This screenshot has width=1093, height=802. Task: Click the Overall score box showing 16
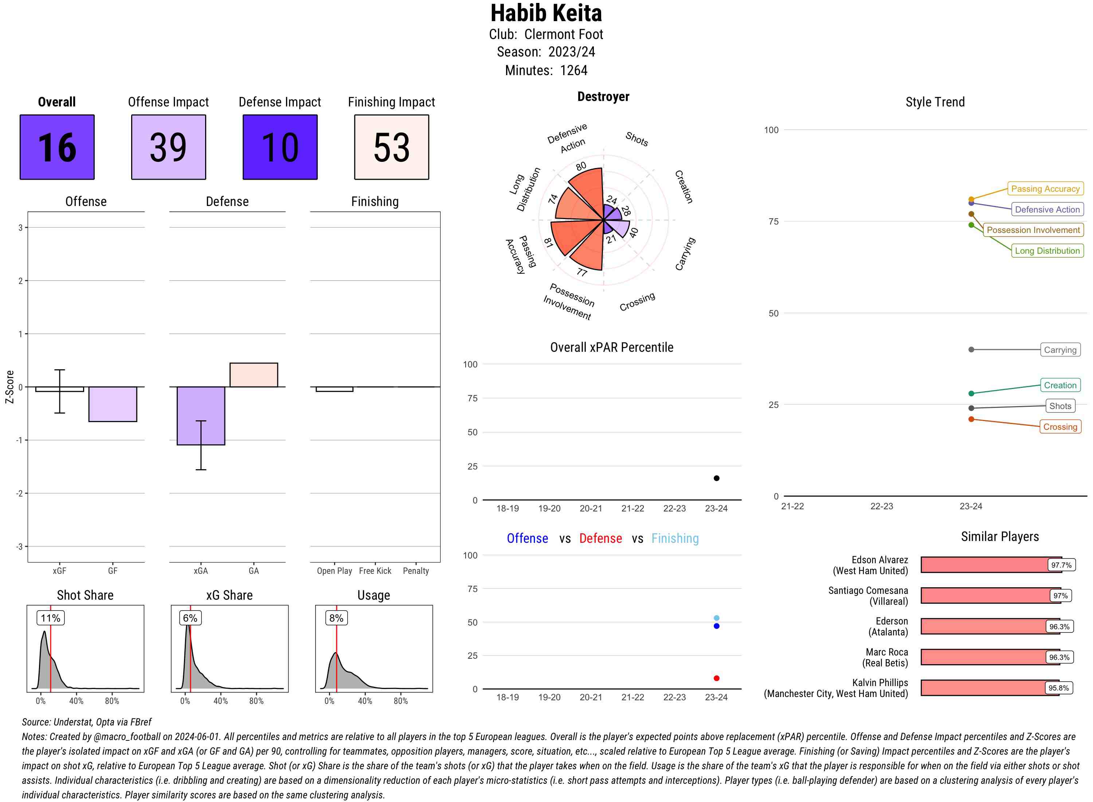(x=57, y=147)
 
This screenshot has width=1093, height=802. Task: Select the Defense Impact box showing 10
(x=280, y=147)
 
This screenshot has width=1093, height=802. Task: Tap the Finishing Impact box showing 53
(x=392, y=147)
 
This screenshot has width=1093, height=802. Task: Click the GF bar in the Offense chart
(x=113, y=404)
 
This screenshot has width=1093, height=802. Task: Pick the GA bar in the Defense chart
(x=254, y=375)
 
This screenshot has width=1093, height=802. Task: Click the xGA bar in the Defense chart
(x=201, y=416)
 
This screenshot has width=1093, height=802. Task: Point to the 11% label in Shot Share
(x=50, y=618)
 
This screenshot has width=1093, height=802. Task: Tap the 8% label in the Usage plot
(x=336, y=618)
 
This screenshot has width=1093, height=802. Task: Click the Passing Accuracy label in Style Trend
(x=1045, y=189)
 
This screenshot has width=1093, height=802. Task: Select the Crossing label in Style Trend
(x=1060, y=427)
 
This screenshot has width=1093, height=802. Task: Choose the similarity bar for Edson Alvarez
(x=990, y=565)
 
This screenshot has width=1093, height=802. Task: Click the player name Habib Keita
(x=546, y=13)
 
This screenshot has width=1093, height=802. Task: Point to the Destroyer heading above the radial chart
(x=603, y=97)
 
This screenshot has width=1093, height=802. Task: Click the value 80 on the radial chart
(x=581, y=167)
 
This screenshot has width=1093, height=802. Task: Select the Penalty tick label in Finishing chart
(x=416, y=571)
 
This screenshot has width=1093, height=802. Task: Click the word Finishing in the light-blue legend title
(x=675, y=538)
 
